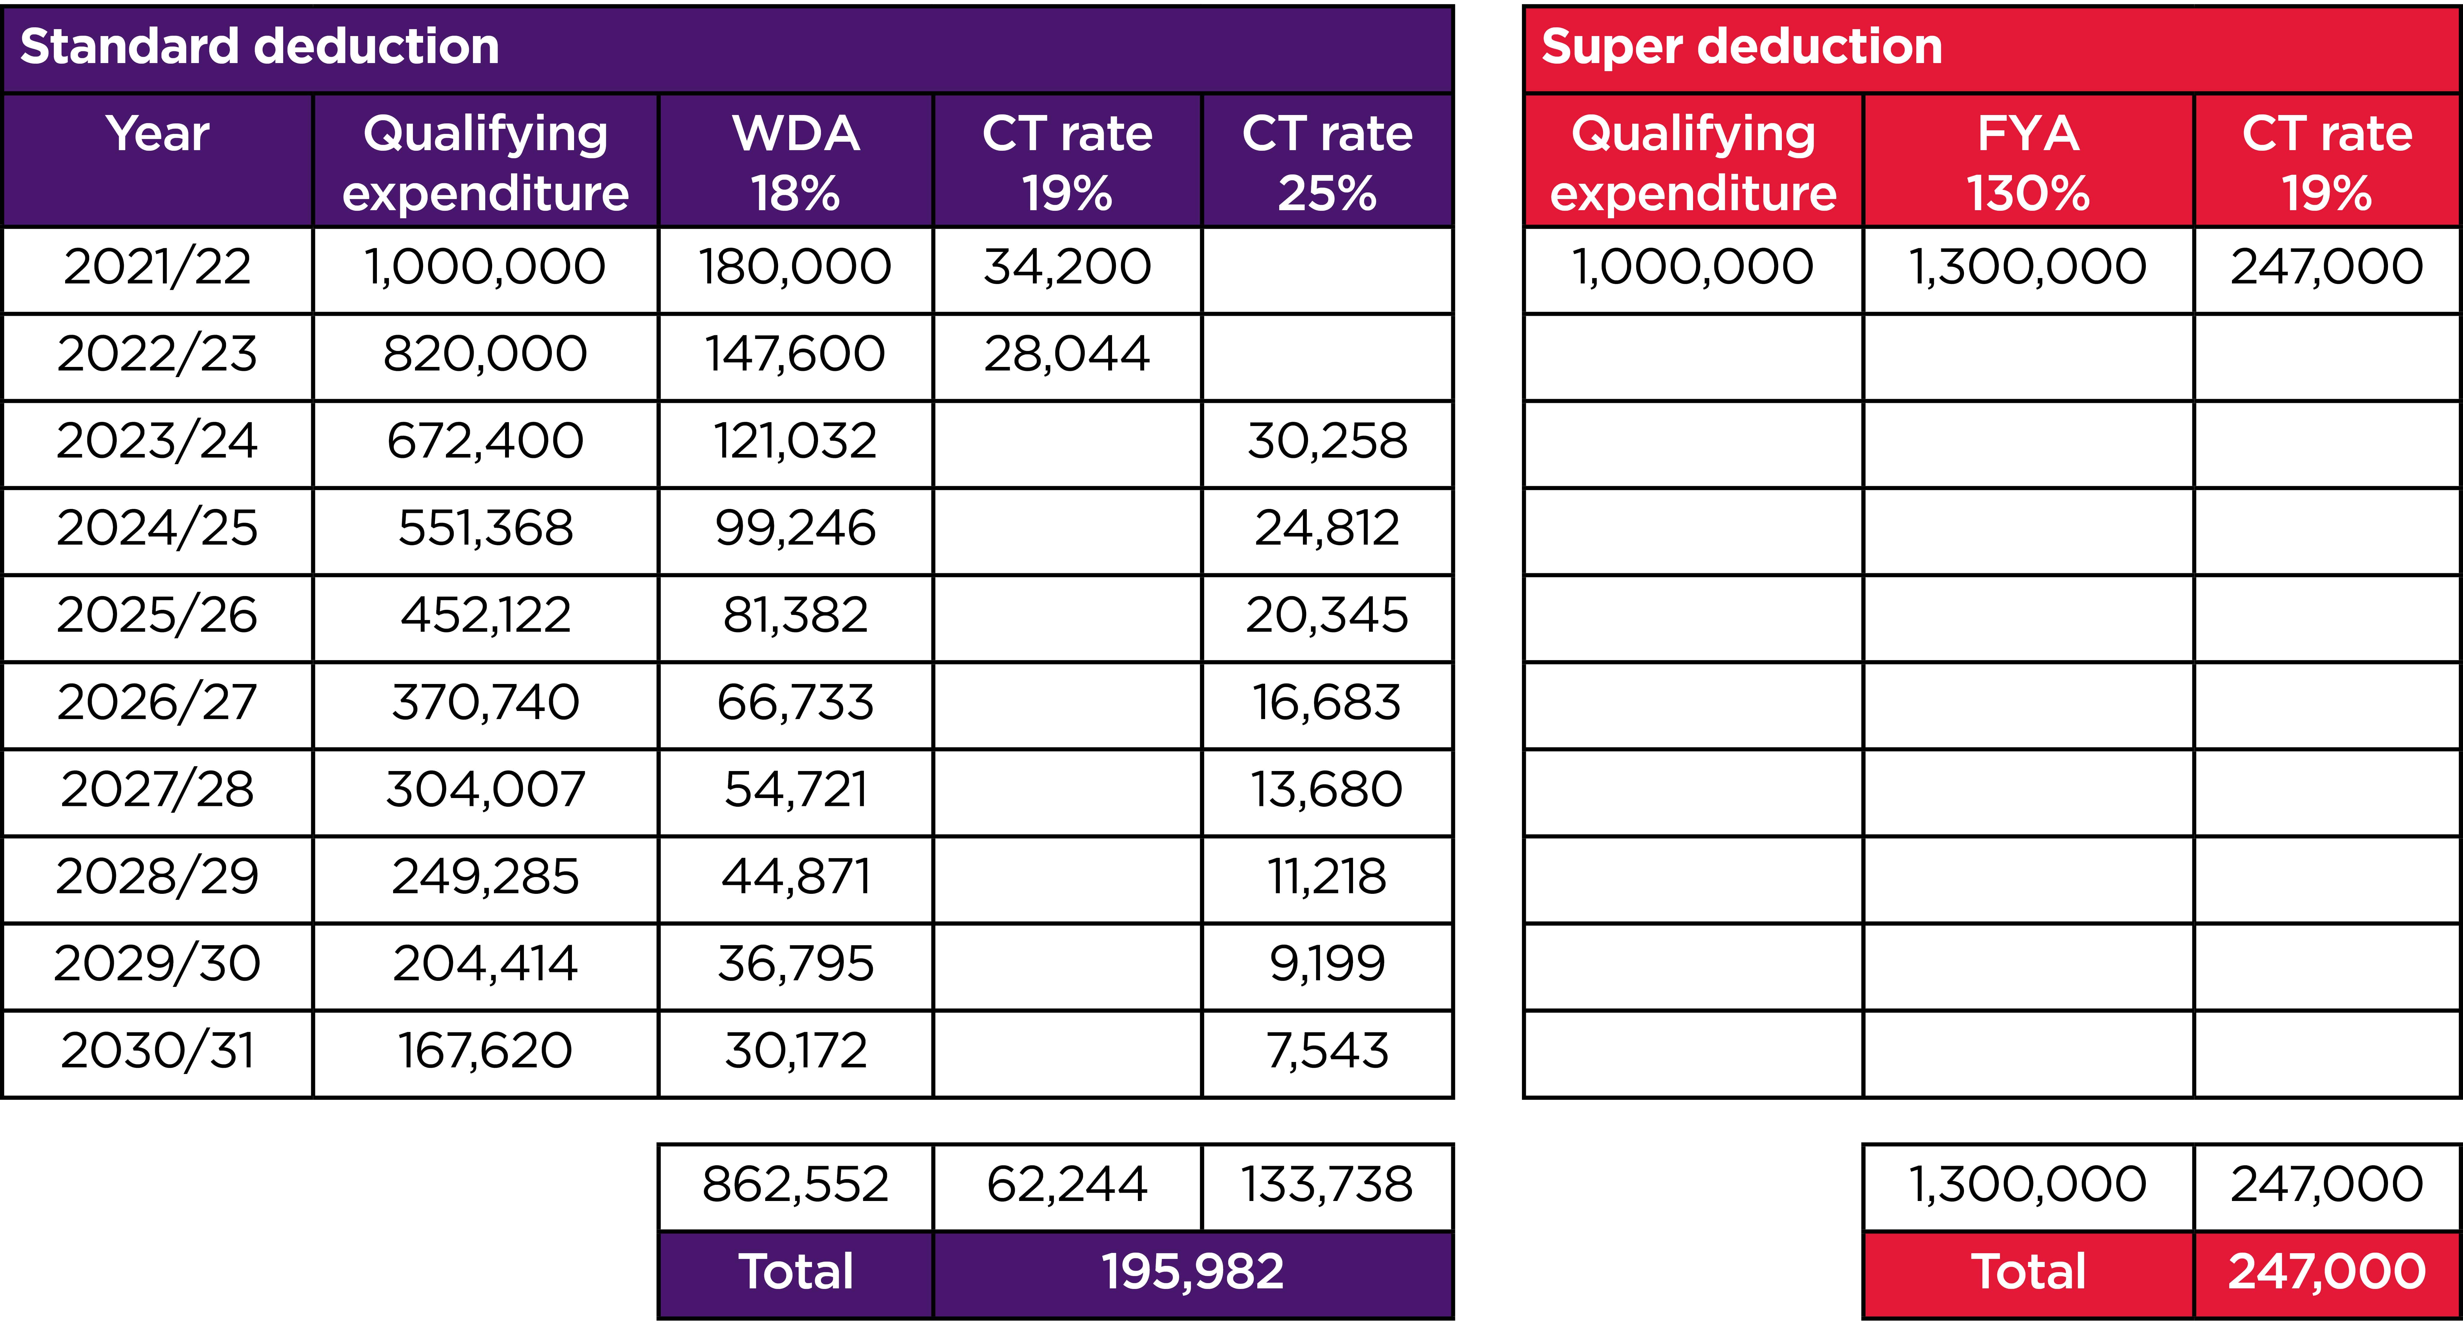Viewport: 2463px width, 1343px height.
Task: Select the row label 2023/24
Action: (158, 441)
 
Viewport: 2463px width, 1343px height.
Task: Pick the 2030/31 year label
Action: (158, 1050)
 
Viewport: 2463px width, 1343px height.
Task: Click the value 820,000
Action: (485, 354)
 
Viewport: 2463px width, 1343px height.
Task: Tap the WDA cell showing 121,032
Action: (795, 441)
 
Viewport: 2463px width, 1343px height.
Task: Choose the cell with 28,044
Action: (1067, 354)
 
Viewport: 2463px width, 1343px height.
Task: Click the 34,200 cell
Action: (1067, 267)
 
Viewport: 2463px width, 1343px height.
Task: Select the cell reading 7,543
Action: (1327, 1050)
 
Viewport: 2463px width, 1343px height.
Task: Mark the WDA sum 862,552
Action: (795, 1184)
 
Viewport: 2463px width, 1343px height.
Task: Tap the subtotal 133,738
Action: (1327, 1184)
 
